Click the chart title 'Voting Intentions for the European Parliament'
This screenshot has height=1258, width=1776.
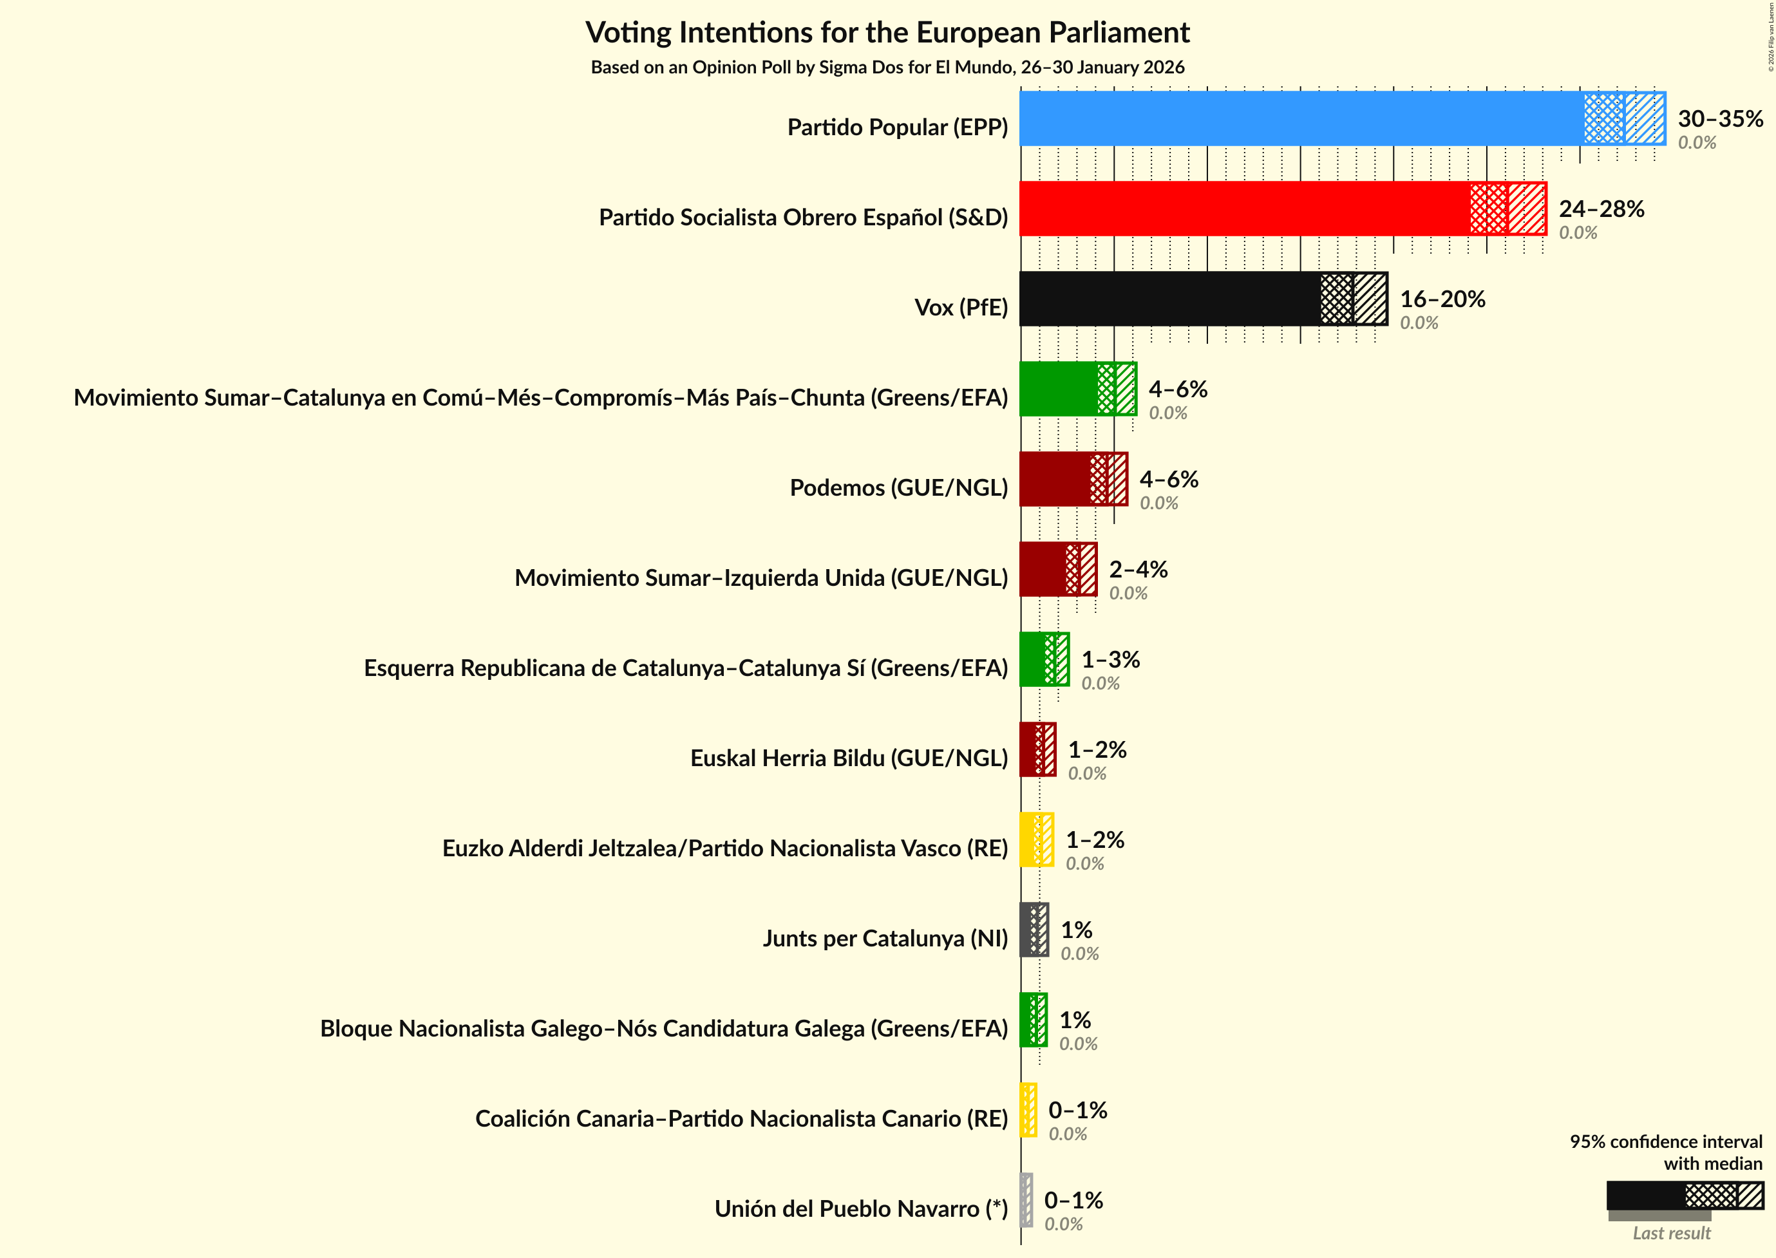(x=887, y=33)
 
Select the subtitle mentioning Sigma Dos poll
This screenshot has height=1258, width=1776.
(x=887, y=68)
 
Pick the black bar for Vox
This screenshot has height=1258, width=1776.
(x=1170, y=299)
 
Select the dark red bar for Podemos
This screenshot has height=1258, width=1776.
(x=1055, y=479)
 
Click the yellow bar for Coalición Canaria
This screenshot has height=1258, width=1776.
(x=1028, y=1110)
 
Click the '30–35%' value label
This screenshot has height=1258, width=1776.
(x=1720, y=118)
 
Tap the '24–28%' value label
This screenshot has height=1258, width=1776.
(x=1601, y=209)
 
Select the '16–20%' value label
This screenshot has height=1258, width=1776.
(x=1442, y=299)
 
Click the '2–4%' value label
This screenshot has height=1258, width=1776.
(x=1137, y=569)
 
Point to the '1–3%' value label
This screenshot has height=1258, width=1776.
(x=1110, y=659)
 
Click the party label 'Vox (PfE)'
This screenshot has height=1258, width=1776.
(x=961, y=308)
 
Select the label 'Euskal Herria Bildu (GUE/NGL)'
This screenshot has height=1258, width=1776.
(x=849, y=758)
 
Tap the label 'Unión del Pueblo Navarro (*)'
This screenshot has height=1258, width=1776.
(x=861, y=1208)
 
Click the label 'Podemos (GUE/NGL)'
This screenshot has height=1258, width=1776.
(x=898, y=487)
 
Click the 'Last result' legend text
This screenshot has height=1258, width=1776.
(x=1672, y=1232)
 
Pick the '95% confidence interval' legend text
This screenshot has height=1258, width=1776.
(x=1665, y=1141)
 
